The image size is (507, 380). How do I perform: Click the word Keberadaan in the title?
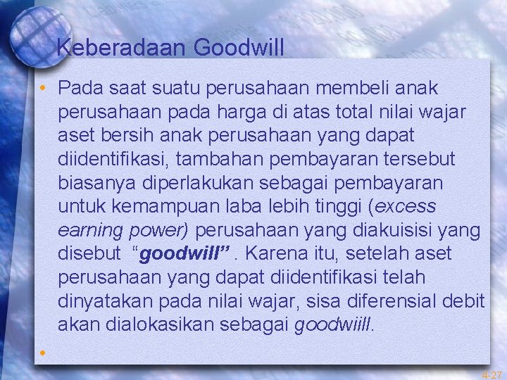point(121,48)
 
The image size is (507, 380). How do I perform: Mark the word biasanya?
point(99,182)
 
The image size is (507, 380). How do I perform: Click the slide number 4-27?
point(492,375)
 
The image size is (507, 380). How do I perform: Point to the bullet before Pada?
point(43,89)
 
